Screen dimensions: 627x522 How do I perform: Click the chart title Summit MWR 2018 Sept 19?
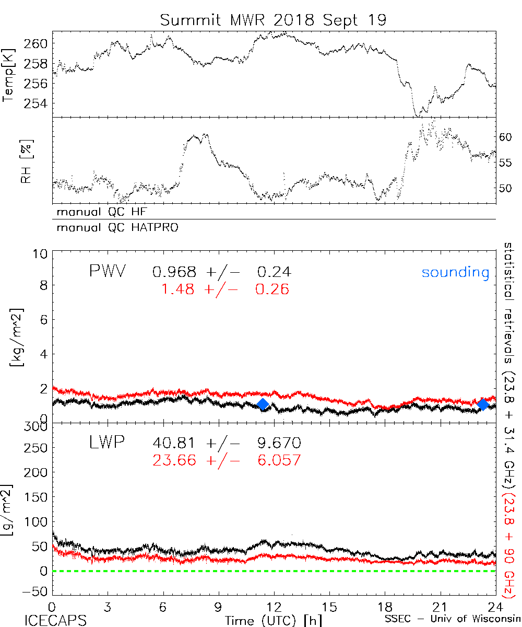coord(273,20)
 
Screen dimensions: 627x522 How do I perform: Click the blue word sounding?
coord(456,272)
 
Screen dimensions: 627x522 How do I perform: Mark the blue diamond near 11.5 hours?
coord(263,404)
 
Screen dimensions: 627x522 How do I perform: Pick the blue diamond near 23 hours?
coord(483,404)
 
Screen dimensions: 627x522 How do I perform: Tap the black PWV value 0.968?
coord(174,272)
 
